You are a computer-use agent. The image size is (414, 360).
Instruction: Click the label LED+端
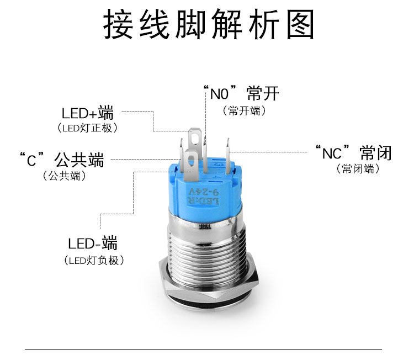(x=88, y=114)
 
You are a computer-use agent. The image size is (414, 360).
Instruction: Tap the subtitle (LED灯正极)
(x=88, y=128)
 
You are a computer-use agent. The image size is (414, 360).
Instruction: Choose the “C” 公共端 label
(x=61, y=161)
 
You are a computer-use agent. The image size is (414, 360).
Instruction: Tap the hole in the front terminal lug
(x=192, y=162)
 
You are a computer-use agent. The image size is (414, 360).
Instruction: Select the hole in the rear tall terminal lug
(x=194, y=133)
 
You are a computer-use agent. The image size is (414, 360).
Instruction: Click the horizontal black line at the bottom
(x=204, y=349)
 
